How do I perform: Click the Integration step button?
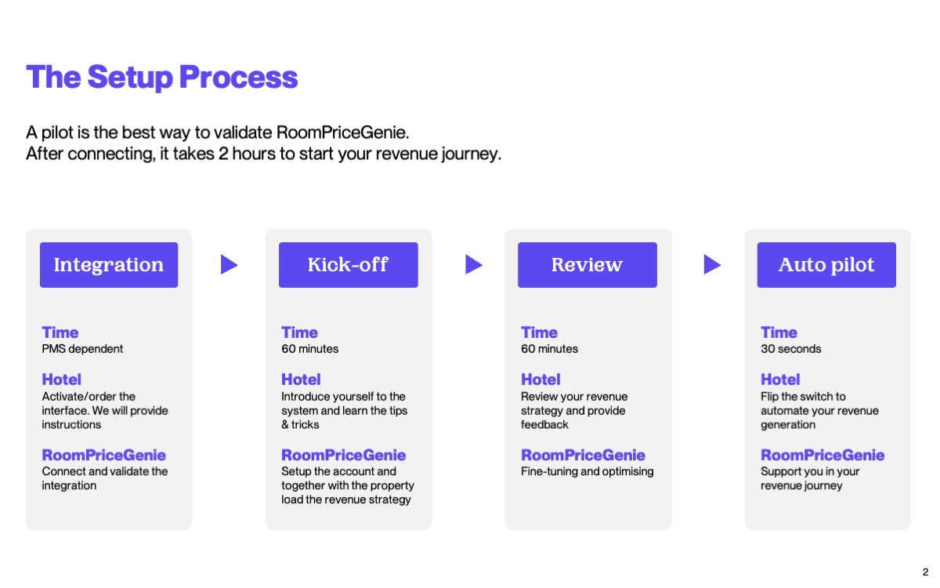(109, 265)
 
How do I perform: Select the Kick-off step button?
(349, 265)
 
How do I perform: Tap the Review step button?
(587, 265)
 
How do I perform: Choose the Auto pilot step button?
(826, 265)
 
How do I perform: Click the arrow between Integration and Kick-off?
(229, 265)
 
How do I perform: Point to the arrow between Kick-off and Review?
(473, 265)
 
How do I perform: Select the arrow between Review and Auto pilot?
(712, 265)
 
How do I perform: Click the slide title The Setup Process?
(162, 78)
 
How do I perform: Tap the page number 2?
(925, 572)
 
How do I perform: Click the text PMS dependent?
(82, 349)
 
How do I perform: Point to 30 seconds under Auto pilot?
(790, 349)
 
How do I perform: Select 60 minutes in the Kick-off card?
(309, 349)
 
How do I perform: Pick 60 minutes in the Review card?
(549, 349)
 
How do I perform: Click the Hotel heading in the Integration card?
(61, 379)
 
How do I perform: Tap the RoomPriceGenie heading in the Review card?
(583, 456)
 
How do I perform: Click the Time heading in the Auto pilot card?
(779, 332)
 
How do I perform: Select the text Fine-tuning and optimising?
(587, 472)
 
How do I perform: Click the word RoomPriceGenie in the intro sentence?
(342, 132)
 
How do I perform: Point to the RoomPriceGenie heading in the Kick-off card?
(343, 456)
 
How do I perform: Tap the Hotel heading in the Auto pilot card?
(780, 379)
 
